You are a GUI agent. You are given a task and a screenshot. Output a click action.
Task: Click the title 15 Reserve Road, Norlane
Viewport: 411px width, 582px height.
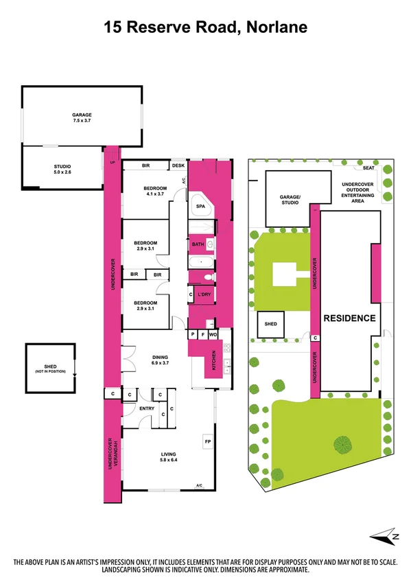(205, 27)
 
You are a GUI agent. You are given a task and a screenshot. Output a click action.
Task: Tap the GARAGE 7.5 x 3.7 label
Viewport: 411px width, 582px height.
(82, 118)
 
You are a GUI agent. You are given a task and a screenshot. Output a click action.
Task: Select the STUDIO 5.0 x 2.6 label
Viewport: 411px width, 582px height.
(62, 169)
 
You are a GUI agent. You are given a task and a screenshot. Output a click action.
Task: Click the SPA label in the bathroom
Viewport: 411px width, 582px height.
(201, 206)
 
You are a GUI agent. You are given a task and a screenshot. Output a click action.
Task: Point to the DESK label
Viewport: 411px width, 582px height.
(178, 165)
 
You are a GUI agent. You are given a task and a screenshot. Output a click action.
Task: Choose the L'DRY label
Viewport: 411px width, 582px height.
(203, 295)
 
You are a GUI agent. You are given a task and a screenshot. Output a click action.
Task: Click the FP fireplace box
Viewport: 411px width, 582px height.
(207, 441)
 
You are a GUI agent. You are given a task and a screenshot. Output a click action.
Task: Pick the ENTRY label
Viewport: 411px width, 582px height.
(147, 409)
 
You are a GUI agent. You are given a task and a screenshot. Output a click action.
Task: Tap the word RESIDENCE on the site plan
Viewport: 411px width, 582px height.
(349, 318)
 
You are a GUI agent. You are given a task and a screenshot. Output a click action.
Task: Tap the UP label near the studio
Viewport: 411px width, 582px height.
(113, 163)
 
